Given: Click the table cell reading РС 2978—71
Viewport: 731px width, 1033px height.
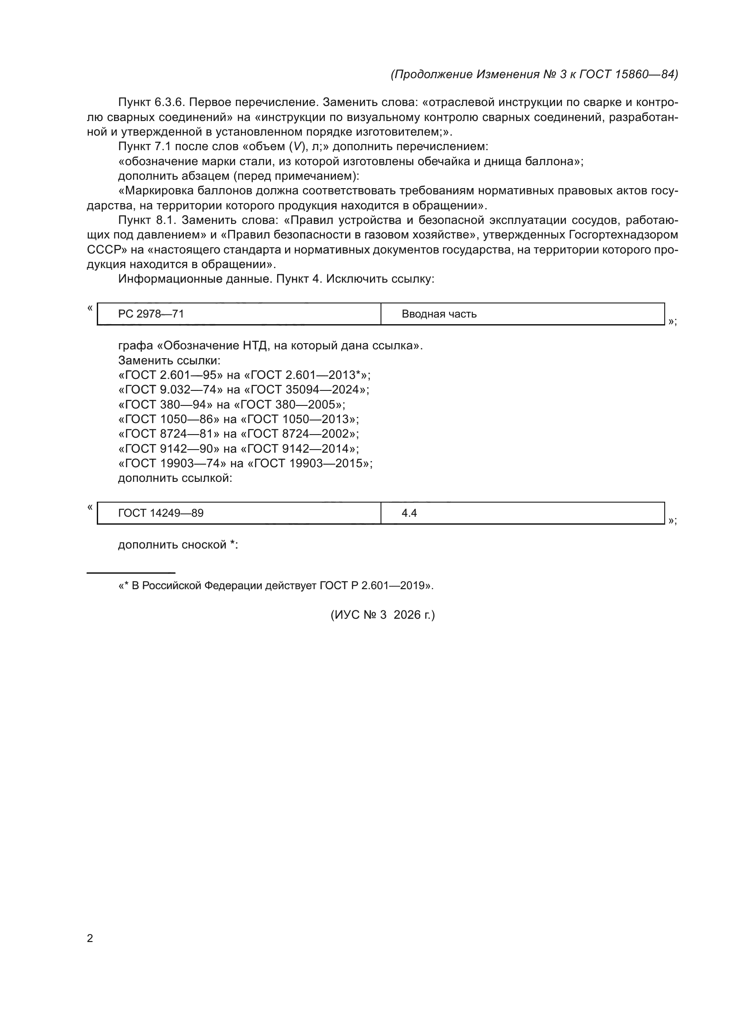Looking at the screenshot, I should click(x=239, y=314).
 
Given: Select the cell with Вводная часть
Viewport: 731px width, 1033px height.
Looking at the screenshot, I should click(x=522, y=314).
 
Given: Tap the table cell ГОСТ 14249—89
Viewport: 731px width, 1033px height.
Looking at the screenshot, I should click(x=239, y=513).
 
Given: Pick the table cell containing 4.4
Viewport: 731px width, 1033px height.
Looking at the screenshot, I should click(x=522, y=513).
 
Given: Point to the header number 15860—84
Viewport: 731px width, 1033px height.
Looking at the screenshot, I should click(x=644, y=74).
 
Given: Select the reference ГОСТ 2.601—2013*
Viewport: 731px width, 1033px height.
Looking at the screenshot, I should click(x=306, y=375).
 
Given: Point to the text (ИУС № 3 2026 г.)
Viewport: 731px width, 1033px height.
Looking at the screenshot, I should click(x=383, y=615).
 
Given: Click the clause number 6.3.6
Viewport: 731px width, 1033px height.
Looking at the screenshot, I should click(x=170, y=102).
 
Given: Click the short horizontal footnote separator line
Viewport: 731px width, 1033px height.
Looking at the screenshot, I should click(x=130, y=573).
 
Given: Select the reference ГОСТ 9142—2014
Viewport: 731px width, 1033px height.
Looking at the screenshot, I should click(x=300, y=449).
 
